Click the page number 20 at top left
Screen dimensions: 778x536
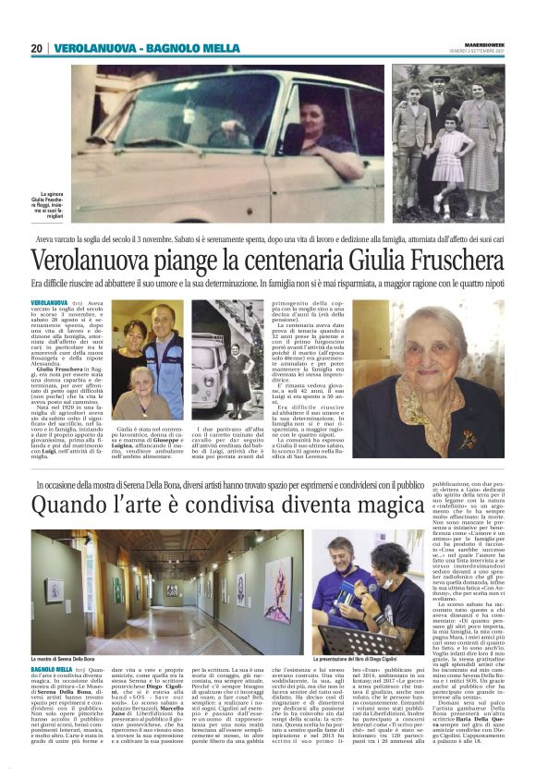[x=37, y=48]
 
